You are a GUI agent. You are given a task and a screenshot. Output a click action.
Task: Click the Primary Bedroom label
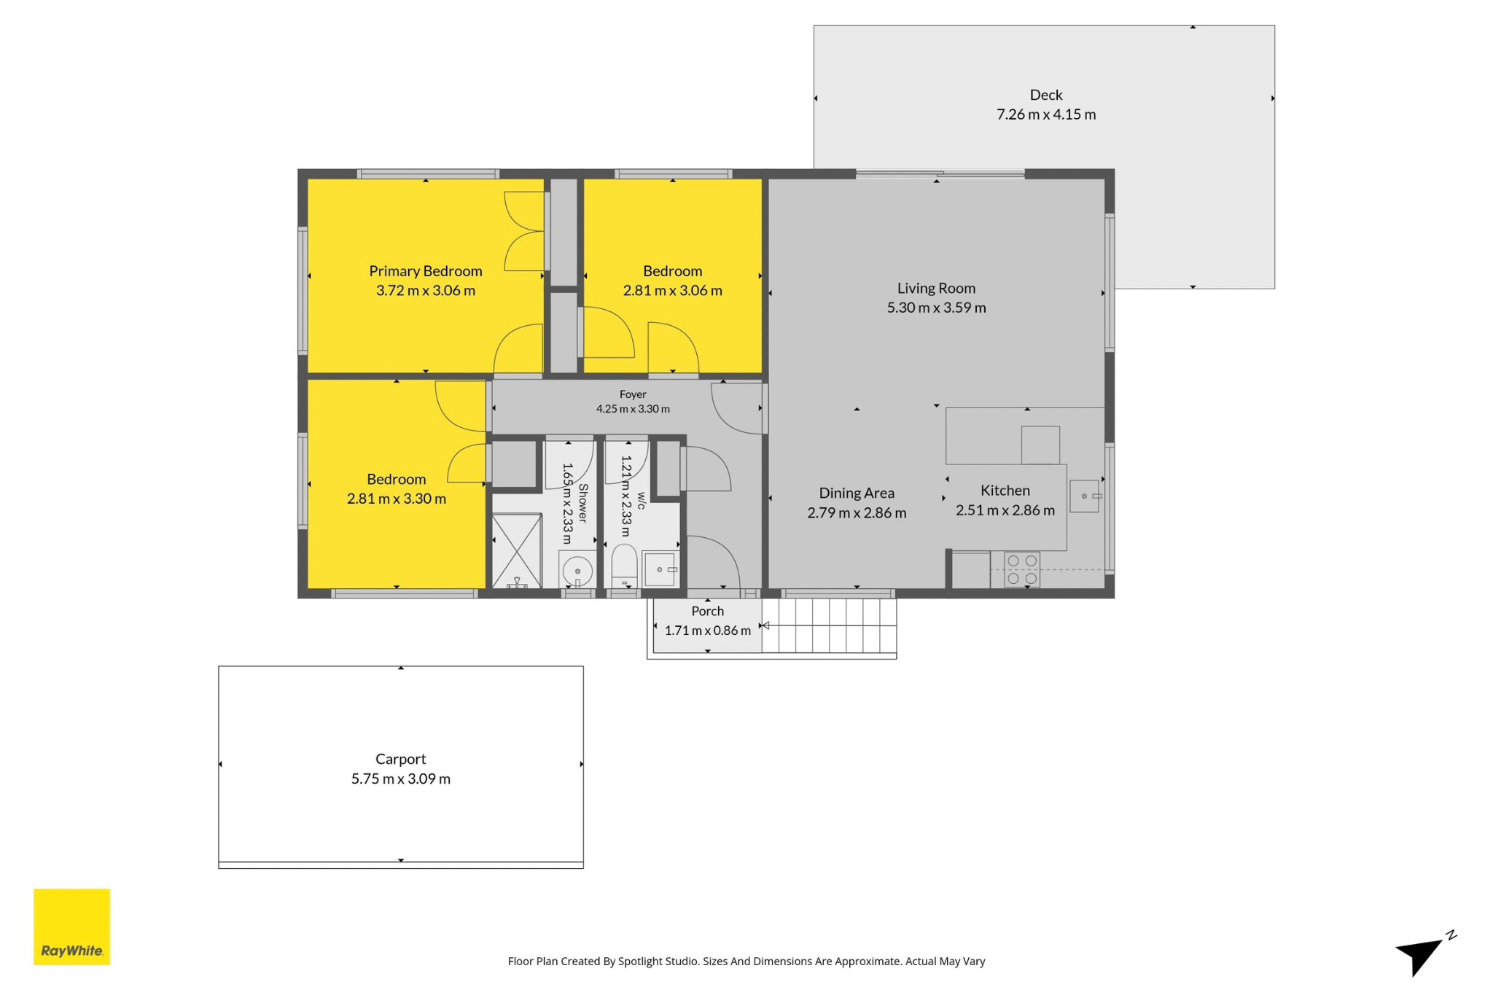click(x=426, y=271)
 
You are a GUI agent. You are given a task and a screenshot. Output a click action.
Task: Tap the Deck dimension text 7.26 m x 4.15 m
click(x=1046, y=114)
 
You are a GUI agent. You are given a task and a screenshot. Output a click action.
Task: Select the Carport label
click(x=400, y=759)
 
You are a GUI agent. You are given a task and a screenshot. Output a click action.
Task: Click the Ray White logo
click(x=71, y=926)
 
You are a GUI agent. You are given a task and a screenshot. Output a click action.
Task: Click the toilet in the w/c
click(x=624, y=566)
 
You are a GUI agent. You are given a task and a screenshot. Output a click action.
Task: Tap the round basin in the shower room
click(x=577, y=570)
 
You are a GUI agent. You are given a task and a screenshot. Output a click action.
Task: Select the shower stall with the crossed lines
click(x=517, y=550)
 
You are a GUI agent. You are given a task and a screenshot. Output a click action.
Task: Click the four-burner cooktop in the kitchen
click(x=1022, y=570)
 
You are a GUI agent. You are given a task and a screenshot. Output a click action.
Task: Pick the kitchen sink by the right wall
click(x=1085, y=496)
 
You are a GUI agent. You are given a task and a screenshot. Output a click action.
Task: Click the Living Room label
click(x=936, y=288)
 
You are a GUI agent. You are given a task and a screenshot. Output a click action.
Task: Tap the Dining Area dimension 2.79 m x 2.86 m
click(x=857, y=513)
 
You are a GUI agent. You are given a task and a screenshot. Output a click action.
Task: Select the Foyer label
click(x=633, y=394)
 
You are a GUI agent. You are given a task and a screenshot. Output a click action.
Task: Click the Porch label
click(x=707, y=611)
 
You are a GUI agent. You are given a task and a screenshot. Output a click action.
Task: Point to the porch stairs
click(x=830, y=625)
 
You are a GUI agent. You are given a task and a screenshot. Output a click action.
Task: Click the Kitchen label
click(x=1005, y=491)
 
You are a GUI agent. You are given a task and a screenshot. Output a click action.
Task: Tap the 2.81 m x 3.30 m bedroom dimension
click(x=397, y=499)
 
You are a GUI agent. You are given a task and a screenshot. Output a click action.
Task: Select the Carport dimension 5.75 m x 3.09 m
click(x=400, y=779)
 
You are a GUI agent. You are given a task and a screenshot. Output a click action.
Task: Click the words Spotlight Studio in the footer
click(x=658, y=961)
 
